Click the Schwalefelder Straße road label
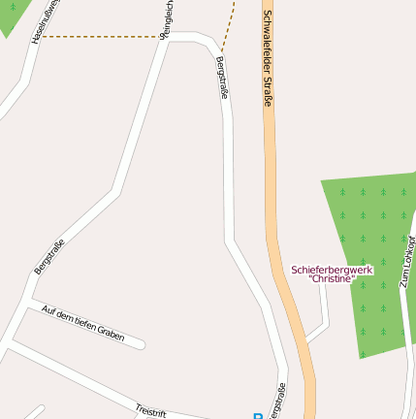coord(267,58)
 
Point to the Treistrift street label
coord(150,409)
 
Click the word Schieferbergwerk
coord(332,269)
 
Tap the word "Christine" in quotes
coord(332,279)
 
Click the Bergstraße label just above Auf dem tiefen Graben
coord(48,256)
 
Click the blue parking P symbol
coord(257,415)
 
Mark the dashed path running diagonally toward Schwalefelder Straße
coord(230,23)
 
